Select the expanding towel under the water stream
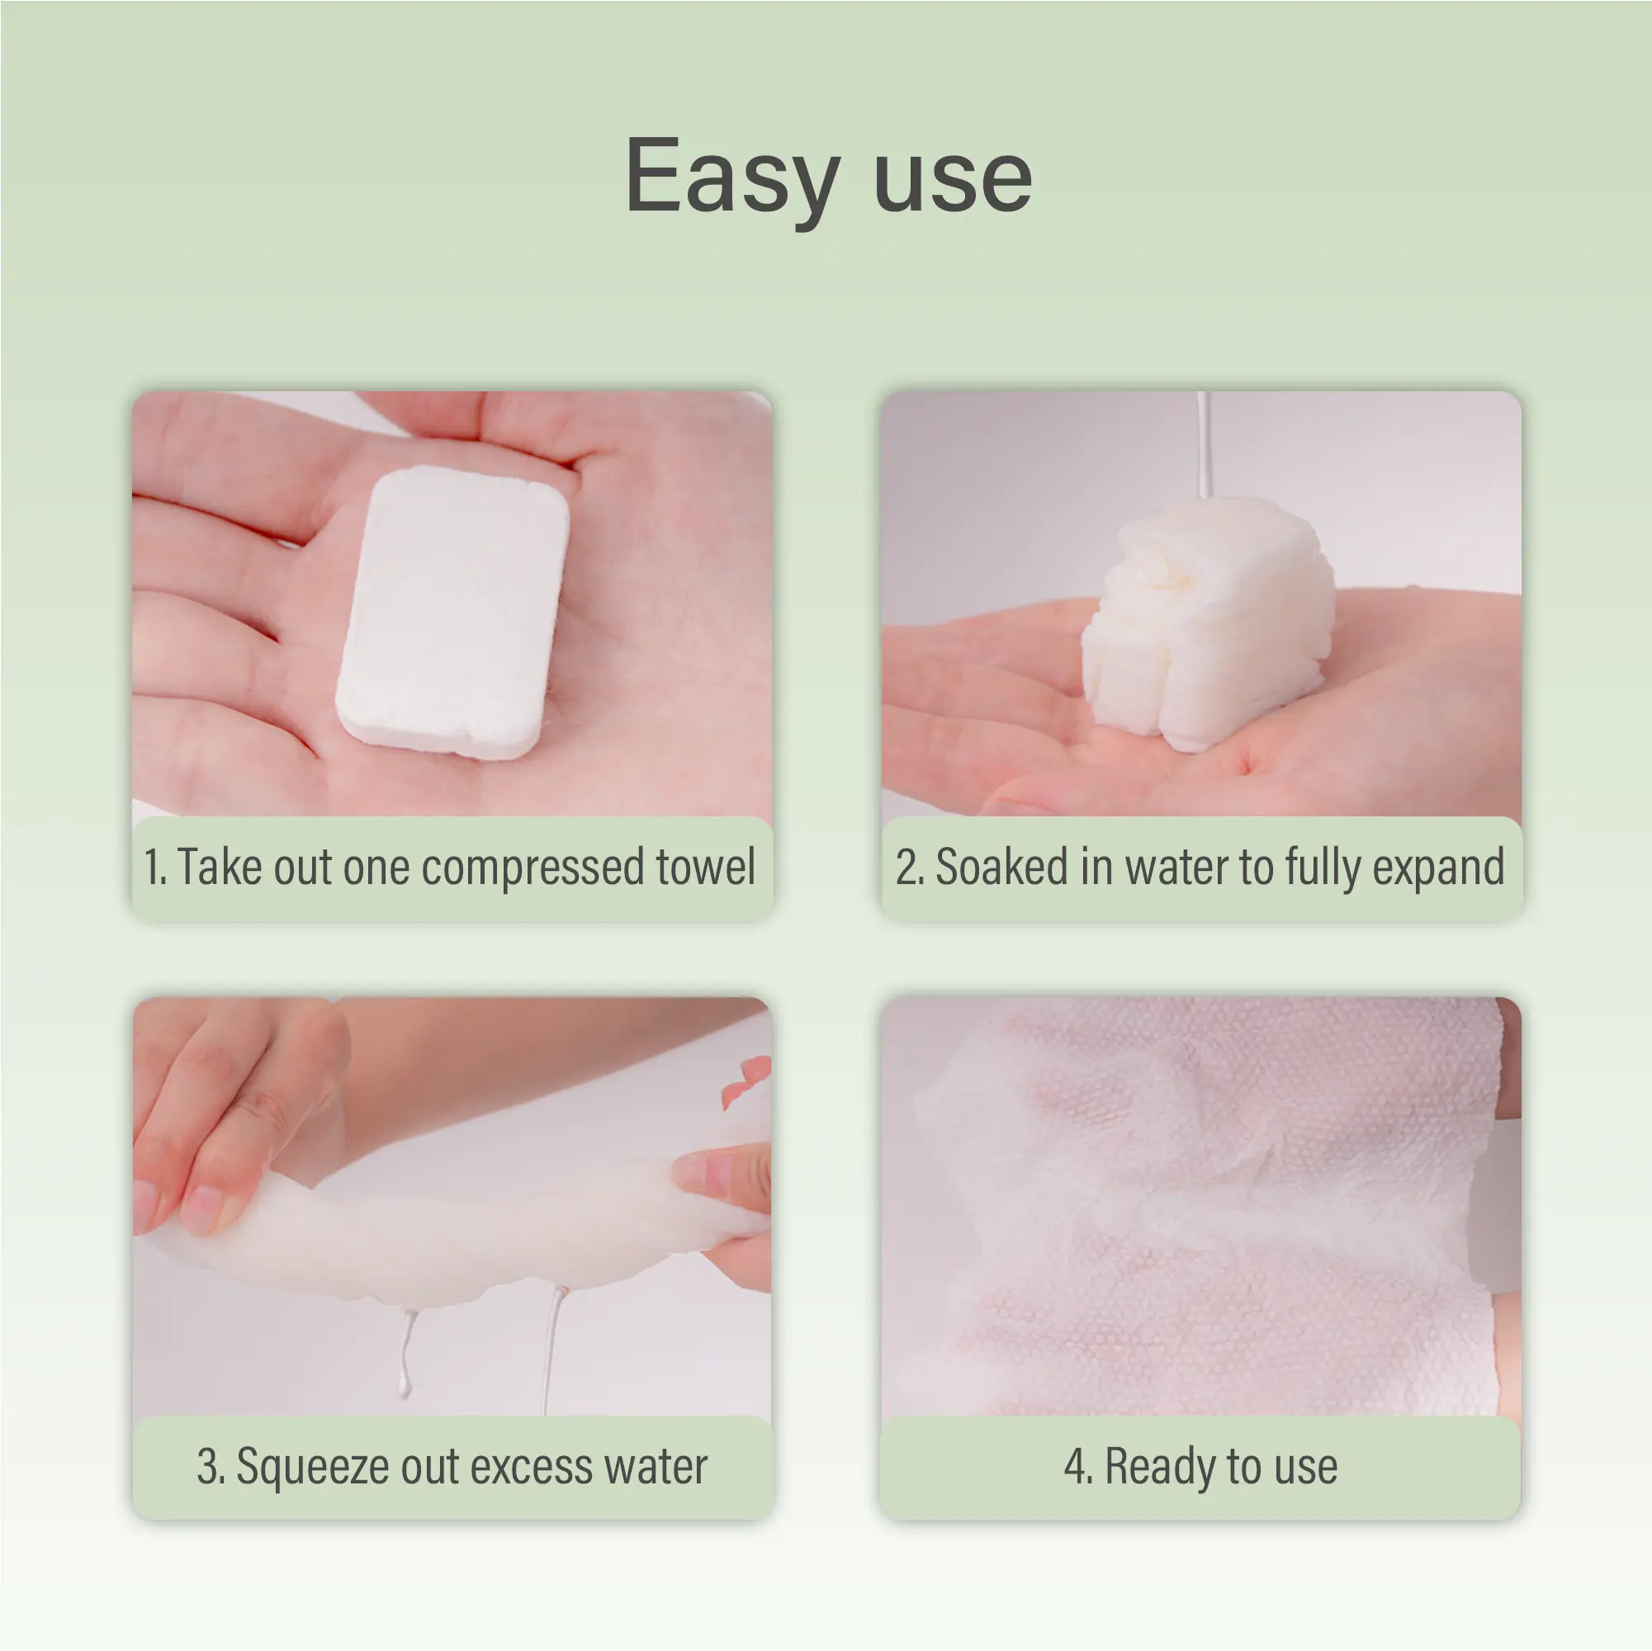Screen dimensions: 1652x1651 point(1206,624)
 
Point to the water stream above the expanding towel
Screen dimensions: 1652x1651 point(1204,445)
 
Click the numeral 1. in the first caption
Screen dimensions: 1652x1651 point(154,867)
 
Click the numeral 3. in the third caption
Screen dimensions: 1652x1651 point(211,1467)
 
